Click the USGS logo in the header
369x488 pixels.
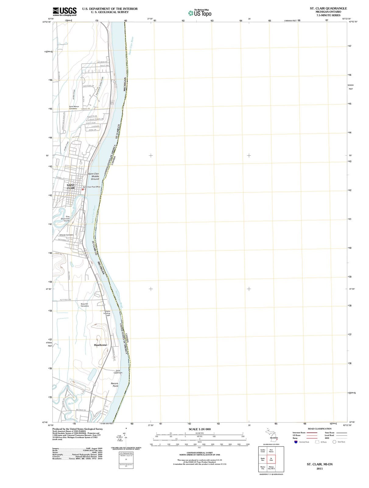pyautogui.click(x=65, y=12)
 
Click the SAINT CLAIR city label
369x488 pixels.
pyautogui.click(x=71, y=186)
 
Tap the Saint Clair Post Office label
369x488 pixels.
pyautogui.click(x=92, y=187)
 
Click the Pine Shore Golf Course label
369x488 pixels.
pyautogui.click(x=65, y=219)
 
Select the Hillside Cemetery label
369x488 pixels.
pyautogui.click(x=66, y=235)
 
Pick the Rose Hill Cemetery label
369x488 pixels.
pyautogui.click(x=85, y=305)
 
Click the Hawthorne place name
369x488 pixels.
pyautogui.click(x=100, y=345)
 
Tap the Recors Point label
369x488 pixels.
pyautogui.click(x=115, y=385)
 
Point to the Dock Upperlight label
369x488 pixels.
pyautogui.click(x=118, y=371)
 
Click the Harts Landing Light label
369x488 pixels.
pyautogui.click(x=107, y=313)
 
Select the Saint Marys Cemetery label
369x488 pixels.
pyautogui.click(x=74, y=107)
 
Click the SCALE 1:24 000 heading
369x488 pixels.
pyautogui.click(x=199, y=429)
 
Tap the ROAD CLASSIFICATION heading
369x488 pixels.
pyautogui.click(x=320, y=429)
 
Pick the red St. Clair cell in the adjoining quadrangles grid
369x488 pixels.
pyautogui.click(x=271, y=459)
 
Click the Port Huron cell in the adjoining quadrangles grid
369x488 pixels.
pyautogui.click(x=271, y=450)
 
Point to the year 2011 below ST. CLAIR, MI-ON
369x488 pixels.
pyautogui.click(x=319, y=468)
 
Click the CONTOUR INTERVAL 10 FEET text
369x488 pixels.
pyautogui.click(x=199, y=453)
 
